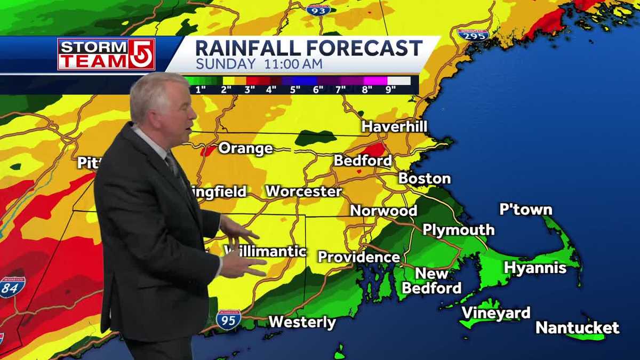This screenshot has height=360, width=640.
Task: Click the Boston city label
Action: click(425, 178)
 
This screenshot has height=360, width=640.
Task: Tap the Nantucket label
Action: click(578, 327)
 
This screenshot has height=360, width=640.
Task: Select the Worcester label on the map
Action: click(303, 191)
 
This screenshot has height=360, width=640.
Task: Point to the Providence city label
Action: click(359, 257)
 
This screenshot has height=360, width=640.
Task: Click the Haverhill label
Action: click(394, 127)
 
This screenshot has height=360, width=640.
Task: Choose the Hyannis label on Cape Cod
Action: click(535, 267)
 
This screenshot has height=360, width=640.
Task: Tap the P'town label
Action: click(525, 210)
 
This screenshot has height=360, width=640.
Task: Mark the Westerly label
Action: click(302, 322)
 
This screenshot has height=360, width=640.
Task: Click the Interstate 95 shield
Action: click(228, 319)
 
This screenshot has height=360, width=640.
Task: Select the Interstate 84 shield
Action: click(12, 287)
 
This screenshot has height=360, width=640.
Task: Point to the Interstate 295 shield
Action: click(473, 35)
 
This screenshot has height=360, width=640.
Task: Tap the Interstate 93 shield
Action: click(318, 9)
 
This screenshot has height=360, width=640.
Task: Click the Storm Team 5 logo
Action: click(106, 54)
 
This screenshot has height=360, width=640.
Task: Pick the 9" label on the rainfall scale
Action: click(391, 89)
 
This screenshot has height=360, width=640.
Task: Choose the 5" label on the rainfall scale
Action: click(295, 89)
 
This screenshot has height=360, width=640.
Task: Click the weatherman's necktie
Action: click(172, 165)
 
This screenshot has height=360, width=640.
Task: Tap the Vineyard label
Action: click(495, 313)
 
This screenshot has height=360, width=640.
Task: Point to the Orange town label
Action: click(245, 148)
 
